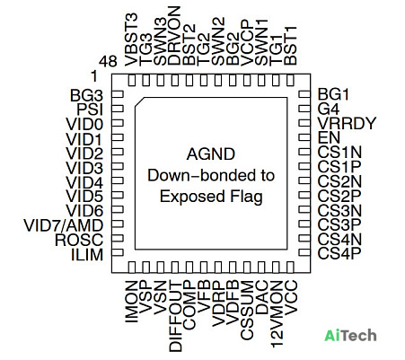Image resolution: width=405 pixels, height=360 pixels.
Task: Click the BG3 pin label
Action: [86, 95]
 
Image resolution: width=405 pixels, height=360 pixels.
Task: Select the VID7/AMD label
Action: [64, 225]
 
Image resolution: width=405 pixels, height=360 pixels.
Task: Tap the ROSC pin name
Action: [79, 240]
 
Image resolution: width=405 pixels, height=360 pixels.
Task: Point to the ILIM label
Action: [87, 255]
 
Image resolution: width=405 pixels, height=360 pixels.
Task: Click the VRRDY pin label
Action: [347, 123]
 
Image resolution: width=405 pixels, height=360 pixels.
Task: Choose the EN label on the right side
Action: [329, 137]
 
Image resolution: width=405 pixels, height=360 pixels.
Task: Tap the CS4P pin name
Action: [339, 254]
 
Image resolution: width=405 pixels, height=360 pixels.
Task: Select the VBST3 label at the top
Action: [131, 40]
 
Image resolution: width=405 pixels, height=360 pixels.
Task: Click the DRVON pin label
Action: [174, 36]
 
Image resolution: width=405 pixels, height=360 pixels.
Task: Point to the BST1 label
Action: [290, 46]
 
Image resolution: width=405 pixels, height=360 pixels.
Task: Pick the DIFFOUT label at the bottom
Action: [175, 316]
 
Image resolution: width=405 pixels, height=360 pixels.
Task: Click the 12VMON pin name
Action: [277, 314]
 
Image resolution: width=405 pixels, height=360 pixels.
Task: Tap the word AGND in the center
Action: [211, 154]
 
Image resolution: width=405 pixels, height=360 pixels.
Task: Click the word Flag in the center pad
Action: [247, 198]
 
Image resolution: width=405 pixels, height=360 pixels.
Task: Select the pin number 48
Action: [108, 62]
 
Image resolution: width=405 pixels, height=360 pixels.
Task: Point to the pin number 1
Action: [94, 76]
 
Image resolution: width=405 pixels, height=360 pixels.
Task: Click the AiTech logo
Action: [350, 335]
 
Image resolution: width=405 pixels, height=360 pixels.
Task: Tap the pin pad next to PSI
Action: [118, 109]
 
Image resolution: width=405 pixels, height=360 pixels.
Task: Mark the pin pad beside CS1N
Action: [304, 152]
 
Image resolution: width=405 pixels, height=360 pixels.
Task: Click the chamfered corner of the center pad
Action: [139, 102]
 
